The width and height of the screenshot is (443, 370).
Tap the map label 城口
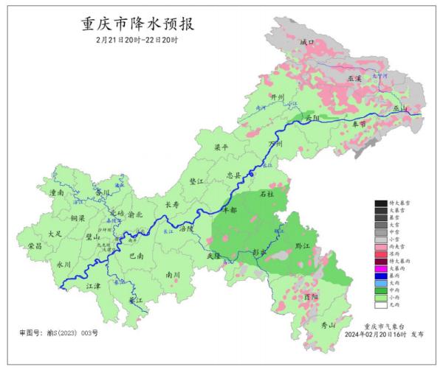(x=306, y=43)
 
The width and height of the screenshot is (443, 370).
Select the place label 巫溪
(x=355, y=77)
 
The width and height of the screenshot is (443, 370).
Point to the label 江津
(x=92, y=285)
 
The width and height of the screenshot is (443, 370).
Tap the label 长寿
(x=172, y=205)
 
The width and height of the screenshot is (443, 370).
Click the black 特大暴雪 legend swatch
(x=380, y=203)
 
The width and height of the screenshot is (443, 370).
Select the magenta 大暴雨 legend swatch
(x=380, y=269)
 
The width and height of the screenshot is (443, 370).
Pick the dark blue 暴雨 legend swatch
(x=380, y=276)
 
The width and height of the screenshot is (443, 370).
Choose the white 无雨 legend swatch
(x=380, y=304)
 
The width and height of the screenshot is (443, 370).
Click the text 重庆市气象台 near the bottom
(x=384, y=325)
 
